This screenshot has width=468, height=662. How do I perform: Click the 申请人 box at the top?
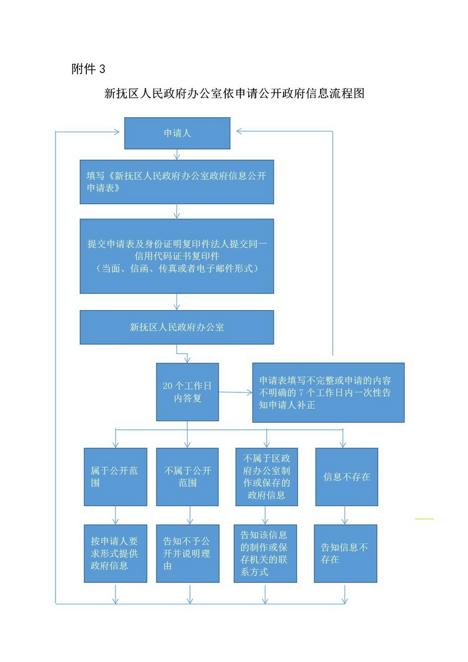point(177,133)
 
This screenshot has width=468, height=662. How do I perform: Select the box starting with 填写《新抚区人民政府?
point(177,182)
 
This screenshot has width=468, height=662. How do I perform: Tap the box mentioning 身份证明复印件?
point(177,256)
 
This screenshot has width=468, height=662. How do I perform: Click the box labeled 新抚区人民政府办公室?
point(177,327)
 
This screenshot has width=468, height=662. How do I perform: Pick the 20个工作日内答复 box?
point(187,392)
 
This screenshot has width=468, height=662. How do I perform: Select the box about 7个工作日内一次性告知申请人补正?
point(328,392)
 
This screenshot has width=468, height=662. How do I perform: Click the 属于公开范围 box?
point(115,476)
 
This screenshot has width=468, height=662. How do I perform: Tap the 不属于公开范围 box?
point(187,476)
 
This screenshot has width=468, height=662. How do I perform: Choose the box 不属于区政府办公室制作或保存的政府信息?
point(266,476)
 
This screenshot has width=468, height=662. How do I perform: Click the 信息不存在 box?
point(346,476)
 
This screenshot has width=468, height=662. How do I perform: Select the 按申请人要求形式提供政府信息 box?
point(115,553)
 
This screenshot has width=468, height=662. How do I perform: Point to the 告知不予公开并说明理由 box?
point(188,553)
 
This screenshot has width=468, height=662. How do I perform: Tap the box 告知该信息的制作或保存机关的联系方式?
point(266,553)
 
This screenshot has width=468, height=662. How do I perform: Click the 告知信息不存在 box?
point(345,553)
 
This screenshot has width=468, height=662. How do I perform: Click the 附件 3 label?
point(88,69)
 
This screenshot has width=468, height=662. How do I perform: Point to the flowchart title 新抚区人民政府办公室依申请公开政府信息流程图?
point(234,93)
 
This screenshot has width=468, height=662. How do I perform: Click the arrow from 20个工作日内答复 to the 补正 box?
point(235,392)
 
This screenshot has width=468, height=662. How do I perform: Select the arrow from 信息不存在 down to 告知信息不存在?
point(345,515)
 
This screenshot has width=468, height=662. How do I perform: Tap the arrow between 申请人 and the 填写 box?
point(177,155)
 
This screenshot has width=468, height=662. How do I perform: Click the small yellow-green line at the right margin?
point(424,519)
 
